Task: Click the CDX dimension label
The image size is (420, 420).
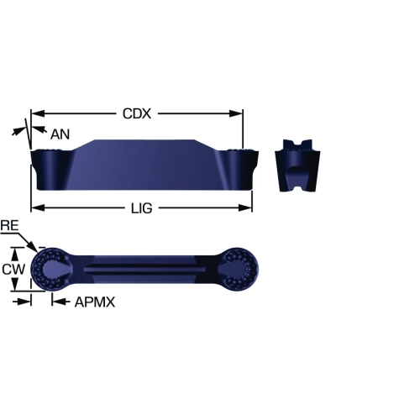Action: [x=137, y=113]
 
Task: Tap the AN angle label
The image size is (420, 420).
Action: [x=60, y=134]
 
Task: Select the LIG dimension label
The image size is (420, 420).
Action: [x=142, y=208]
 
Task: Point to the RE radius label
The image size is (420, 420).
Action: [x=9, y=225]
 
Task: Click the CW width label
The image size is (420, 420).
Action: [x=13, y=269]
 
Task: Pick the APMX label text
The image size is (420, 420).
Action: [x=95, y=302]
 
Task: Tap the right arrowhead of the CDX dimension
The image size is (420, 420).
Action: [x=236, y=113]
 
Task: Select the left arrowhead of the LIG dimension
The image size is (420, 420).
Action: [x=38, y=207]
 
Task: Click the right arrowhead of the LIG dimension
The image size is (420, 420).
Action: [x=245, y=207]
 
